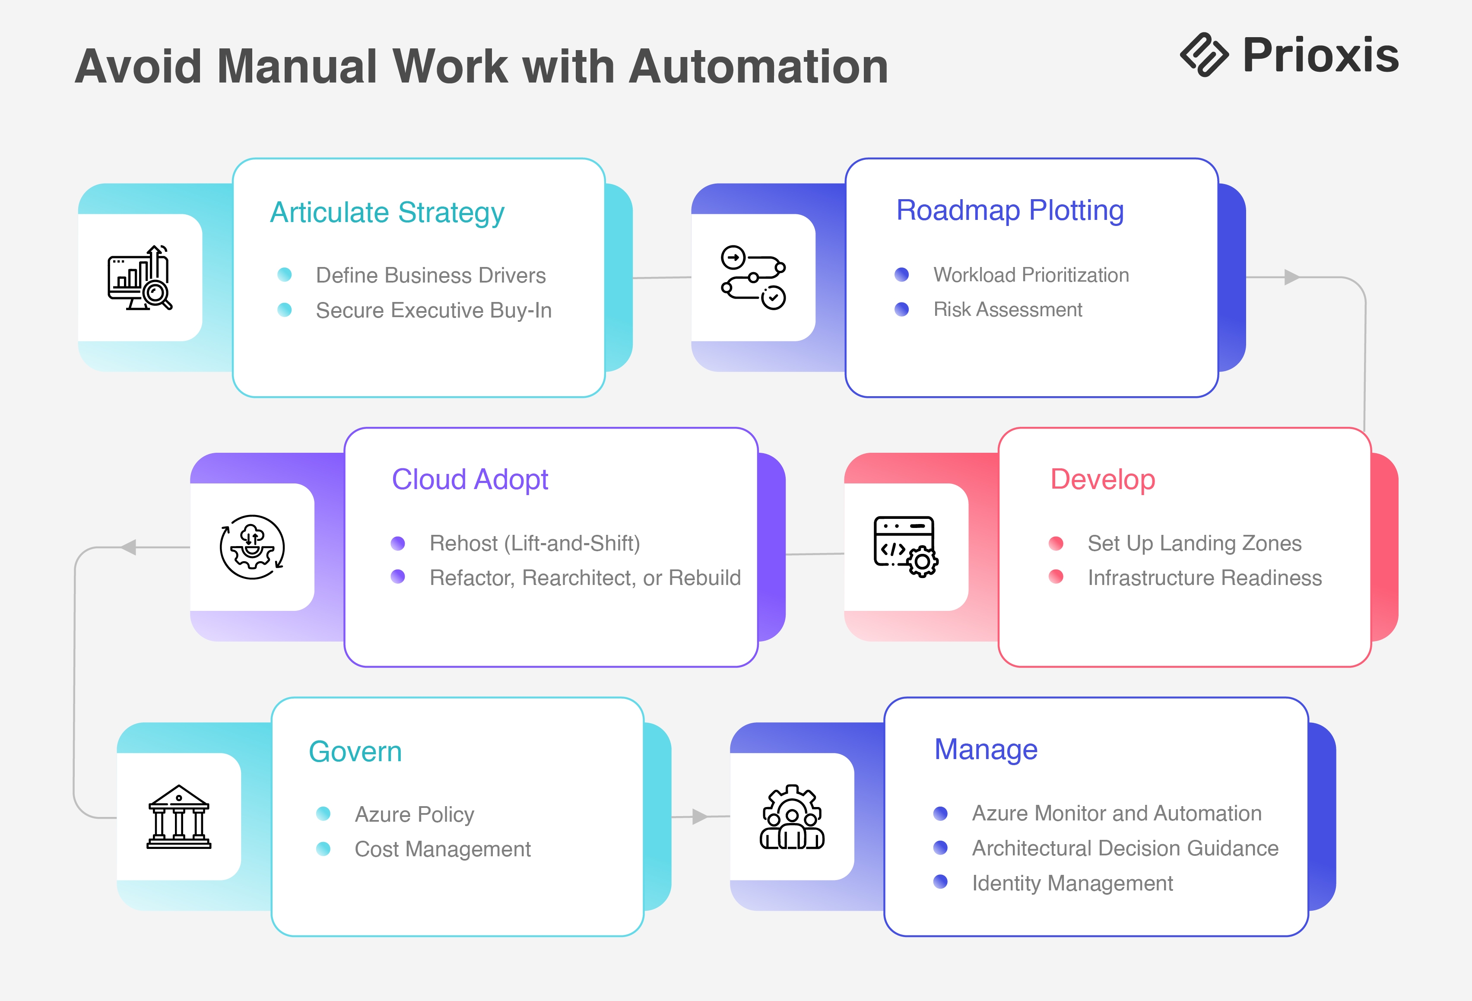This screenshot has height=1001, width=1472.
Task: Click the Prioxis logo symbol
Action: click(1203, 55)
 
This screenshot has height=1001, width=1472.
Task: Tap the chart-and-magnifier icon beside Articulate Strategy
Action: click(140, 277)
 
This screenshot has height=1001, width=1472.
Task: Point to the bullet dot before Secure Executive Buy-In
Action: click(284, 310)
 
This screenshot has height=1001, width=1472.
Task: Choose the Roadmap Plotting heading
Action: click(1010, 210)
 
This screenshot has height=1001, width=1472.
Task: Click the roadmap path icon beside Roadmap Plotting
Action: click(753, 277)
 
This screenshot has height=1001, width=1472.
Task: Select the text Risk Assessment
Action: click(1007, 310)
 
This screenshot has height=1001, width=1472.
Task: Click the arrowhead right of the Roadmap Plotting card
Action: click(1291, 277)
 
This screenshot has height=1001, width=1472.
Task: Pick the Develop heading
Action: click(1102, 480)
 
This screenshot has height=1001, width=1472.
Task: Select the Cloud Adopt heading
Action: click(470, 480)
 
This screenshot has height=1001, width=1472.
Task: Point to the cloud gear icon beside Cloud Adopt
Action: click(252, 547)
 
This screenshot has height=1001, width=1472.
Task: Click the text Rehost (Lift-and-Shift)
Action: click(535, 543)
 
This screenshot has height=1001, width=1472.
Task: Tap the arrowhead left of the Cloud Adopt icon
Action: click(129, 547)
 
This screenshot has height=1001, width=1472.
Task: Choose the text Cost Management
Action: click(442, 849)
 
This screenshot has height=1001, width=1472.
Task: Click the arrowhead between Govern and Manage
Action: click(699, 817)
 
